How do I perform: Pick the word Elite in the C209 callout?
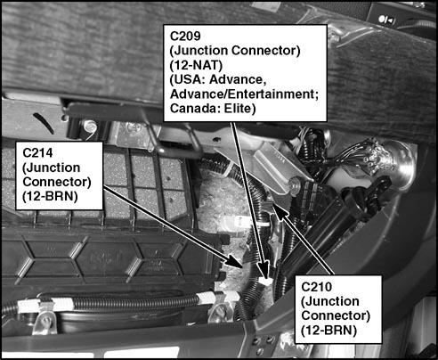(238, 109)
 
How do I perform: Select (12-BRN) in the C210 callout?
(329, 330)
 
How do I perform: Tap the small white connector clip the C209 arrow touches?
(265, 279)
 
